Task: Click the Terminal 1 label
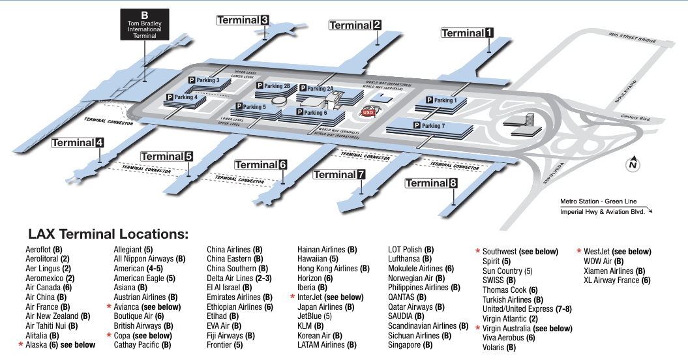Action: pyautogui.click(x=468, y=33)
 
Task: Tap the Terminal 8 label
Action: pyautogui.click(x=431, y=183)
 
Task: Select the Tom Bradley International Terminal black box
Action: pyautogui.click(x=145, y=25)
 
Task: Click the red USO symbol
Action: pyautogui.click(x=368, y=112)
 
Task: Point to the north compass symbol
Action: pyautogui.click(x=632, y=165)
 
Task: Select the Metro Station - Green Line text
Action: pyautogui.click(x=598, y=201)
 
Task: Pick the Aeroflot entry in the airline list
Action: pyautogui.click(x=44, y=250)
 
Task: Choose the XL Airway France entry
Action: pyautogui.click(x=617, y=280)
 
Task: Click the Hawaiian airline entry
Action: pyautogui.click(x=318, y=259)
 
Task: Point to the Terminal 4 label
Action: pyautogui.click(x=78, y=143)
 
